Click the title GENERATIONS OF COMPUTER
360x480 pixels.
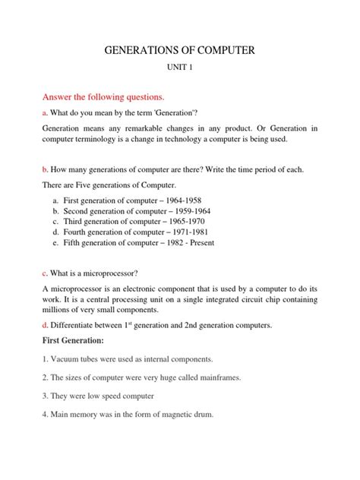[180, 51]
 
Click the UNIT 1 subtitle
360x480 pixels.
[180, 69]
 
